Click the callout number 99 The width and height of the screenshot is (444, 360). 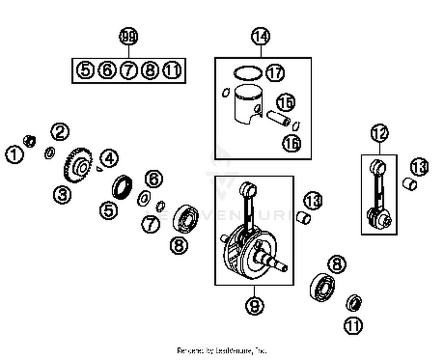click(129, 36)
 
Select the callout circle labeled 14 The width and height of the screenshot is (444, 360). click(260, 36)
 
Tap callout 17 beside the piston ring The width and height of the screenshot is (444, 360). click(275, 73)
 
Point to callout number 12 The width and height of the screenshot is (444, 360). click(379, 133)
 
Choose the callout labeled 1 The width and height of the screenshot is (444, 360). click(14, 154)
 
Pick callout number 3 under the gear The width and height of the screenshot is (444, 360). click(62, 195)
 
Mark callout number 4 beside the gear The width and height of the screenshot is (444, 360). click(109, 158)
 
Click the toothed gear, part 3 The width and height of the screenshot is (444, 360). click(78, 167)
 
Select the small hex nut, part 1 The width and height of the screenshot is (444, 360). click(30, 141)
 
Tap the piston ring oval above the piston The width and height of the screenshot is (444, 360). click(248, 73)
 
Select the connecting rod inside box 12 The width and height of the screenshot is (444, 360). click(379, 195)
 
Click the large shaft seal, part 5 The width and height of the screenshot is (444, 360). click(122, 187)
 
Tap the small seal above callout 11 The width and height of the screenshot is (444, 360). click(354, 303)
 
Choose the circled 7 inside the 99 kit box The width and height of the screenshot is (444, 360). click(128, 70)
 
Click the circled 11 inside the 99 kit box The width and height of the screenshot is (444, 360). click(172, 70)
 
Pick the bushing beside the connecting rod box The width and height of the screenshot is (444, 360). click(410, 184)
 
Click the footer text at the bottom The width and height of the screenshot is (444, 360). click(222, 351)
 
